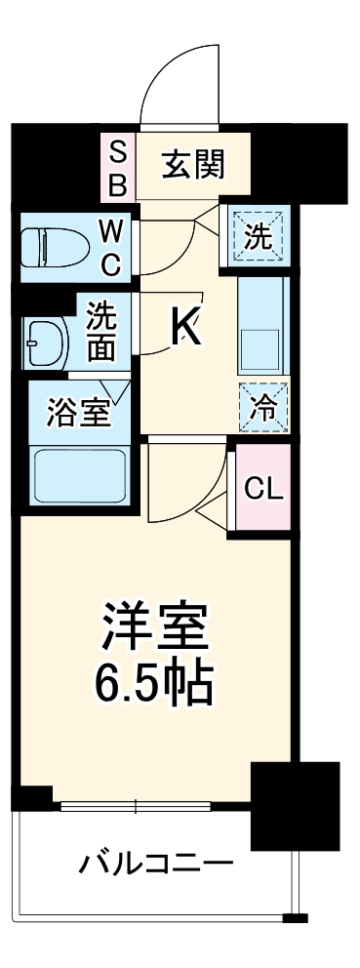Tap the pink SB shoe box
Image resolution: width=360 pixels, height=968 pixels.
pos(117,167)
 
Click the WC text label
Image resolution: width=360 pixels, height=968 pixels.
pos(110,248)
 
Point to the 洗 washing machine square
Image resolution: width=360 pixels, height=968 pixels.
pos(259,235)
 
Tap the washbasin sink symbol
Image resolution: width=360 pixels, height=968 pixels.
pos(47,341)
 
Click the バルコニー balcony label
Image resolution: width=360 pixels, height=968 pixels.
pos(156,863)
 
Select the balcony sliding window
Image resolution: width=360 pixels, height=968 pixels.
pos(137,806)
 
